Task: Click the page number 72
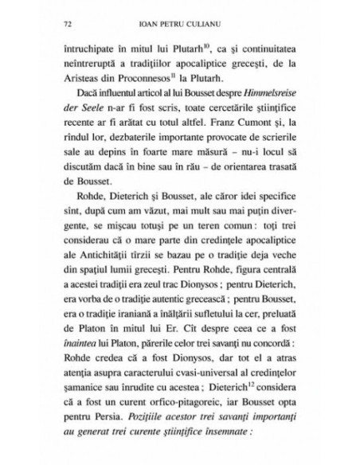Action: pos(52,23)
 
